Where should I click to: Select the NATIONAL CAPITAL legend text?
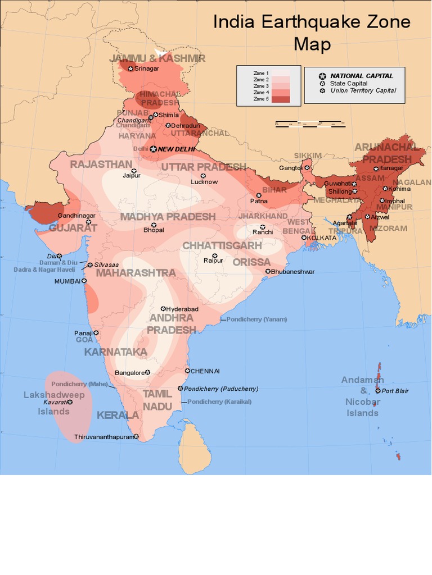tap(361, 76)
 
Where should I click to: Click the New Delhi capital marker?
tap(154, 149)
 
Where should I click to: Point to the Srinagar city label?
tap(146, 69)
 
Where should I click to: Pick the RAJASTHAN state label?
tap(101, 164)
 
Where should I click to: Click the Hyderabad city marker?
tap(163, 309)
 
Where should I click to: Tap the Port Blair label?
tap(395, 391)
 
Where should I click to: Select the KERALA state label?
tap(118, 416)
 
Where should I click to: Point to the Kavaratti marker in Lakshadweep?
tap(70, 402)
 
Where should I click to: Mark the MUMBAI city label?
tap(67, 281)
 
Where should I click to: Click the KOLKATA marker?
tap(304, 238)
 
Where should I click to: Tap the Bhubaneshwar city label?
tap(292, 272)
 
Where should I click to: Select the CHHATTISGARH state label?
tap(222, 245)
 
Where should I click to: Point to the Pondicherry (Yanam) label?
tap(256, 319)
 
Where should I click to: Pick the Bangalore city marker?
tap(147, 372)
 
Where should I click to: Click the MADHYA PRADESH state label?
tap(168, 216)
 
